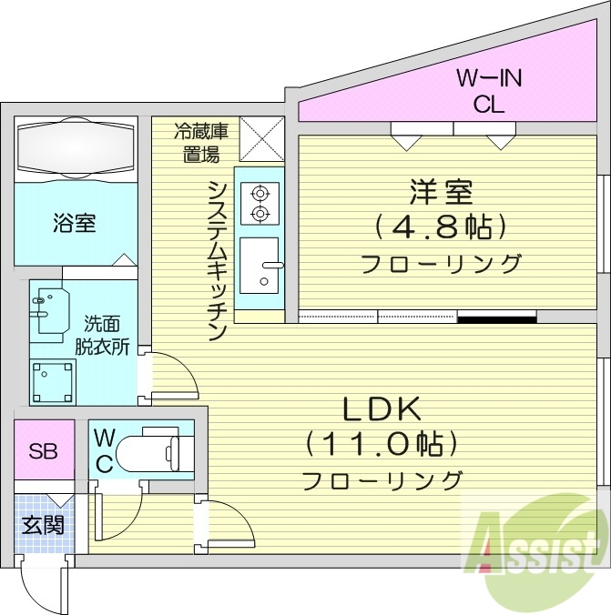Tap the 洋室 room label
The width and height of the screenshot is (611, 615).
440,192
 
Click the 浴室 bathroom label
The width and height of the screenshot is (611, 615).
76,223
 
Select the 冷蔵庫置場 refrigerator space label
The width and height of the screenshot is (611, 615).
201,143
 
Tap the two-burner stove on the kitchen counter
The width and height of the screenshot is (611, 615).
260,202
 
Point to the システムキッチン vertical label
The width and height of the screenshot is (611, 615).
217,259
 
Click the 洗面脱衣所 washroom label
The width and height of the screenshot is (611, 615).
107,335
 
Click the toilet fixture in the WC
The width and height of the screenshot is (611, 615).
155,449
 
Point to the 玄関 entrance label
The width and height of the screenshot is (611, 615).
42,525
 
